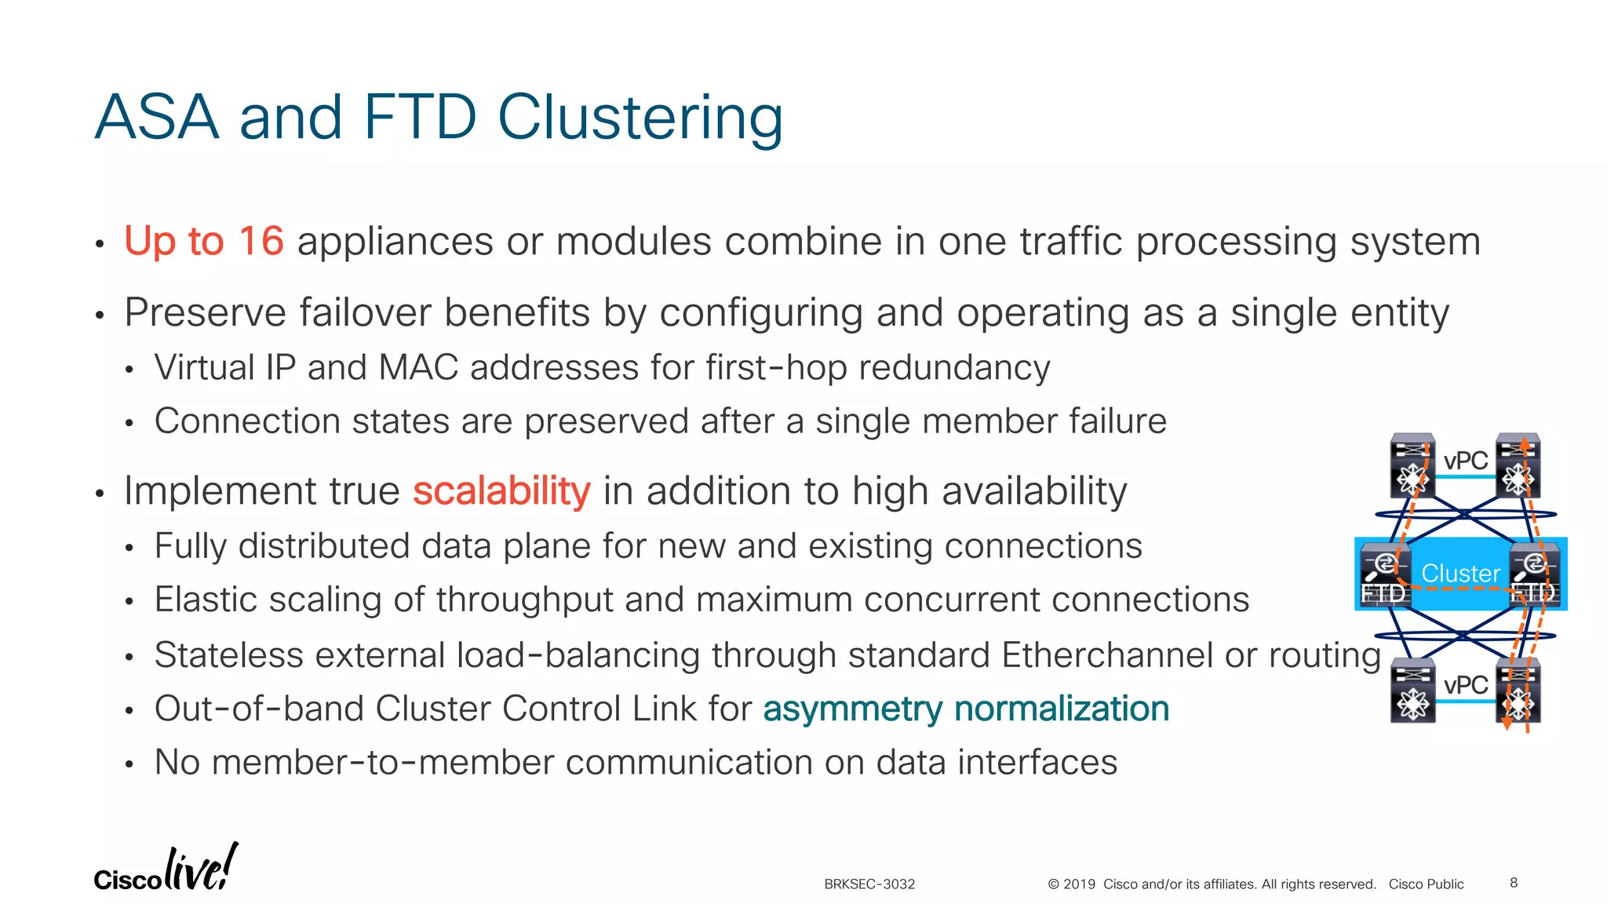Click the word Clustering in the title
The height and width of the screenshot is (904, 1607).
pos(640,118)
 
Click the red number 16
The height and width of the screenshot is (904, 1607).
pos(261,241)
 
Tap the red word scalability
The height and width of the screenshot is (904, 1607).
pos(501,492)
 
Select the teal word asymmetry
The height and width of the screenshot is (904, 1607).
pos(852,709)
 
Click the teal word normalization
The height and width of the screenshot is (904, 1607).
pos(1062,709)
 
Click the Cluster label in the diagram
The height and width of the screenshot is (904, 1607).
pos(1460,574)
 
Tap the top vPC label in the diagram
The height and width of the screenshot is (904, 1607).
pos(1465,461)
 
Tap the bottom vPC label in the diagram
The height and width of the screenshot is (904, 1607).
pos(1465,685)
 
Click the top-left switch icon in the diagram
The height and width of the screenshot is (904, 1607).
pos(1412,465)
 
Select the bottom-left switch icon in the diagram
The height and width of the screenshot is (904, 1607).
pos(1412,691)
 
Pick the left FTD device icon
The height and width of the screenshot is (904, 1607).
pos(1384,575)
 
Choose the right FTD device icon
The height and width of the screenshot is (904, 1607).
pos(1535,575)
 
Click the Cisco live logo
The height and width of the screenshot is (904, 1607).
pos(165,869)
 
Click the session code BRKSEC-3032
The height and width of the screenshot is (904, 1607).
pos(869,884)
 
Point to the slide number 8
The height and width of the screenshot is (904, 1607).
pos(1514,883)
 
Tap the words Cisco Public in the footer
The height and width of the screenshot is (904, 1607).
pos(1426,884)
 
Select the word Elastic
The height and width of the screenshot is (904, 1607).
pos(205,600)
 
